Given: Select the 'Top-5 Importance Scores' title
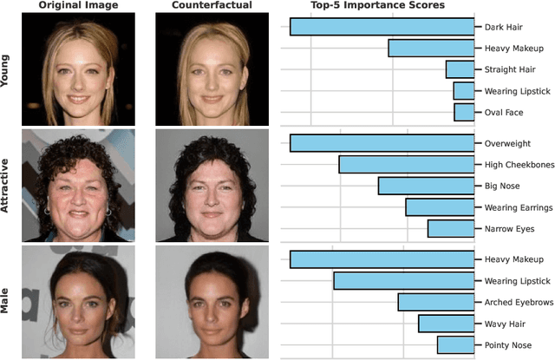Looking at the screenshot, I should point(379,6).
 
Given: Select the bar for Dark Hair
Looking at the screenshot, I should point(382,27).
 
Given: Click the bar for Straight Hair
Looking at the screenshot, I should point(460,69).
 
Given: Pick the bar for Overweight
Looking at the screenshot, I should point(382,143).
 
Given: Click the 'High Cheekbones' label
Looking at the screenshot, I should point(514,165).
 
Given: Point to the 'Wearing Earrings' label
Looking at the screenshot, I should point(514,207).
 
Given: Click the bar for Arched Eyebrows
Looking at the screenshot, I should point(436,302).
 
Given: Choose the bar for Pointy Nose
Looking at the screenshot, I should point(455,344).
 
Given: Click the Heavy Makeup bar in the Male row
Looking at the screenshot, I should point(382,259).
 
